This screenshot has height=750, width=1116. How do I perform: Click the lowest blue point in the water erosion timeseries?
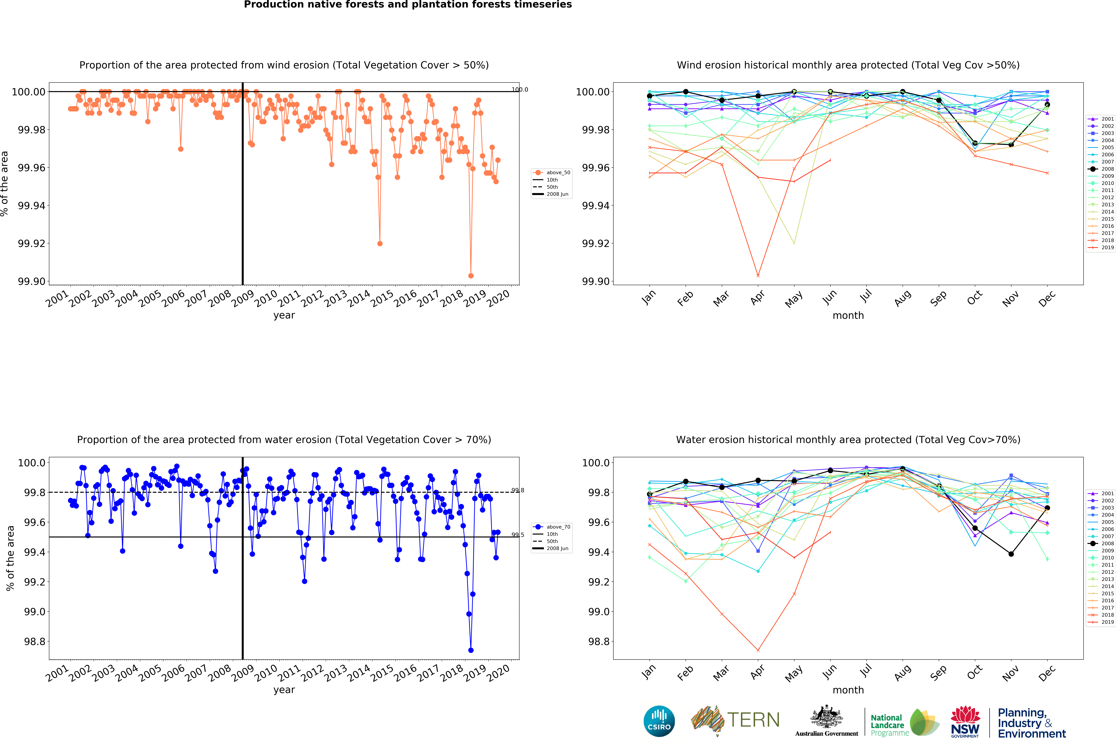[471, 650]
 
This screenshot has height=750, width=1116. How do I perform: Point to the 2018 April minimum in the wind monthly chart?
[758, 275]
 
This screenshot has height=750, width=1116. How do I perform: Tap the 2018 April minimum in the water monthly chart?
[758, 650]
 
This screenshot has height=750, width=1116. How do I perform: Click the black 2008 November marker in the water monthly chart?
[1011, 554]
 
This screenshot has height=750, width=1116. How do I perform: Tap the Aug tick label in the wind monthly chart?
[902, 298]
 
